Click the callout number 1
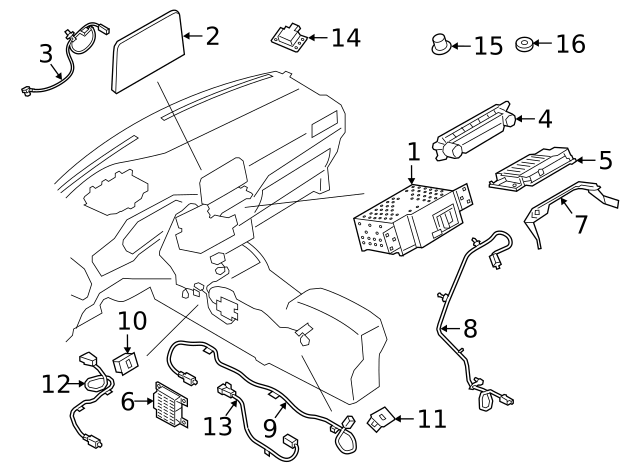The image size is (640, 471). click(x=414, y=153)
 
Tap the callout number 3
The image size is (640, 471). click(x=45, y=52)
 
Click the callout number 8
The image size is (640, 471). click(x=469, y=327)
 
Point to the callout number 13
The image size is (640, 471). click(x=217, y=426)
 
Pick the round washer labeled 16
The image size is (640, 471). click(x=522, y=45)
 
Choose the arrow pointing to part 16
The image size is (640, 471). click(x=543, y=45)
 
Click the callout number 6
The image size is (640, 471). click(x=128, y=402)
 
